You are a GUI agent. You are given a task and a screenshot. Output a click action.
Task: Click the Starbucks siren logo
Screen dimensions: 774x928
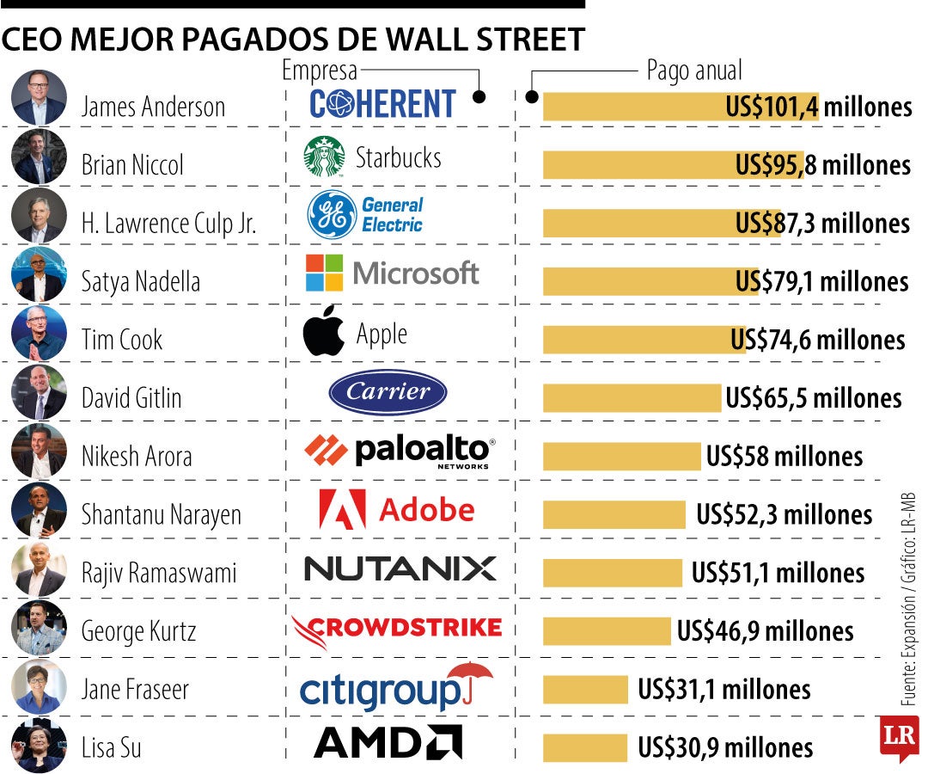tap(324, 157)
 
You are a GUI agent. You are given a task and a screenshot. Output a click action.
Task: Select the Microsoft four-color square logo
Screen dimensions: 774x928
tap(324, 273)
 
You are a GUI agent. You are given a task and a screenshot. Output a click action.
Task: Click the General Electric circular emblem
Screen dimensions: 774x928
tap(332, 215)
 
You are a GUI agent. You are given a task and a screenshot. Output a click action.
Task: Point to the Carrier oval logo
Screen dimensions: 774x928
tap(388, 393)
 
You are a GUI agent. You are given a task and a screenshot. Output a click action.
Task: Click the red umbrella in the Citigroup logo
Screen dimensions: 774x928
tap(470, 678)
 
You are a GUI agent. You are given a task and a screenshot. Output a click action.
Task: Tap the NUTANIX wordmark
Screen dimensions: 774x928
tap(400, 568)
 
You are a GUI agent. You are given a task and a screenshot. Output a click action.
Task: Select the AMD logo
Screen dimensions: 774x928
tap(388, 741)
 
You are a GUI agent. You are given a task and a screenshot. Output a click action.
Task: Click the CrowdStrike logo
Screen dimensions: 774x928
tap(396, 629)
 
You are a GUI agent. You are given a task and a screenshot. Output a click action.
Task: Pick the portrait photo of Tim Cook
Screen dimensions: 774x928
tap(39, 333)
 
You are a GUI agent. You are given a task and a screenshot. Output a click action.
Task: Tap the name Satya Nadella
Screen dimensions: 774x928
tap(140, 281)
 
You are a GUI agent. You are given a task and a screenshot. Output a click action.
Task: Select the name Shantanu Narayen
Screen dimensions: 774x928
tap(161, 514)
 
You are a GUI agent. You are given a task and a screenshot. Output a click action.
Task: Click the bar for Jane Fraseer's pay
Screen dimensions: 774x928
tap(585, 690)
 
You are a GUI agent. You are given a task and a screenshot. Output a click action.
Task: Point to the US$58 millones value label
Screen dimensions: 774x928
tap(784, 456)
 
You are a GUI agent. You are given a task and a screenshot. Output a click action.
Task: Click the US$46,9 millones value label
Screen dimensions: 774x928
tap(765, 631)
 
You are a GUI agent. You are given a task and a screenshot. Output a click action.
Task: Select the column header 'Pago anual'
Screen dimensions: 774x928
tap(693, 71)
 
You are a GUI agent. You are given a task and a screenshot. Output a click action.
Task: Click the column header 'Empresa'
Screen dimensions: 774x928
tap(319, 71)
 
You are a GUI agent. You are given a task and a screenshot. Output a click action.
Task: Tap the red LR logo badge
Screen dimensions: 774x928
tap(898, 737)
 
